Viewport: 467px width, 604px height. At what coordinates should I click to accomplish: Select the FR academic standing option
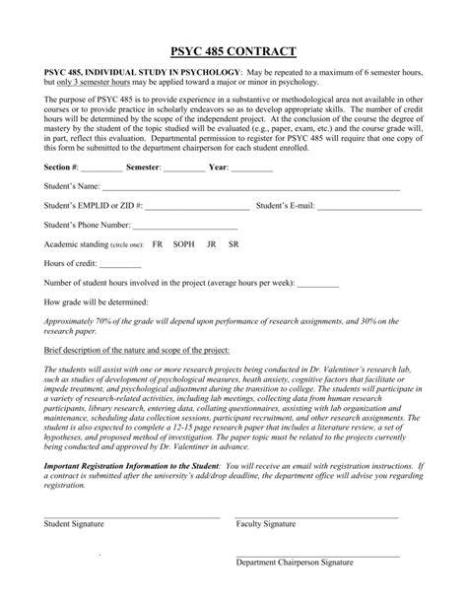(x=158, y=243)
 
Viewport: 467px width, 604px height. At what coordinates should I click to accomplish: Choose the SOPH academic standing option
(x=183, y=243)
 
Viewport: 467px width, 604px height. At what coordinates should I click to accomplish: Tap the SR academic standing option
(x=233, y=243)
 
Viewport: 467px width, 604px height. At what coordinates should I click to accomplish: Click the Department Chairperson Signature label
(x=295, y=589)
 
